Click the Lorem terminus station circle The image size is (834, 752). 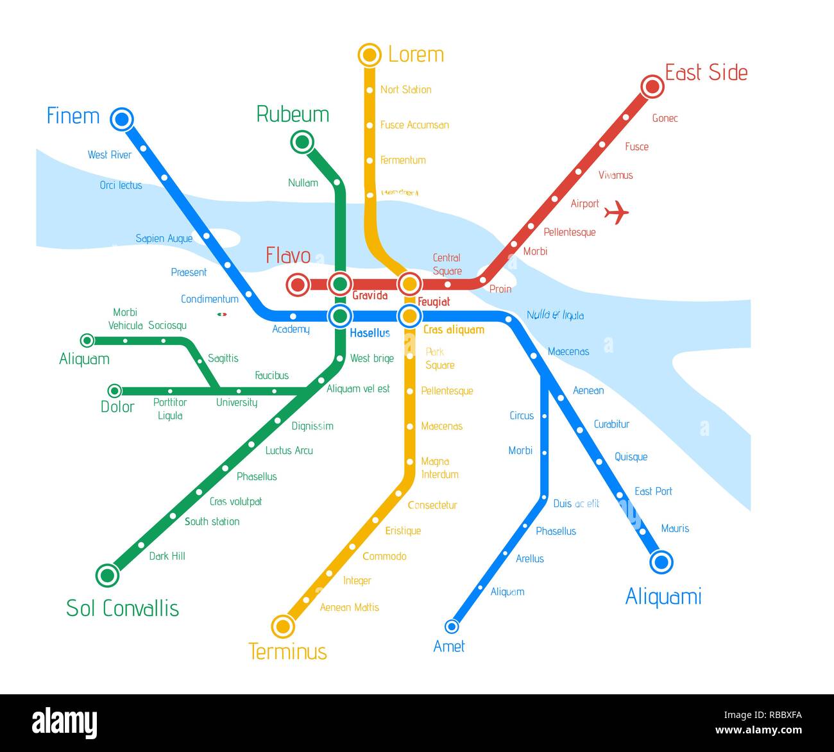point(370,55)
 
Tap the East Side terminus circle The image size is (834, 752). point(652,86)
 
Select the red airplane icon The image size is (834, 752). point(617,212)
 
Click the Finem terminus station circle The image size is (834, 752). point(121,119)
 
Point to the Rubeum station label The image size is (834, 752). point(293,114)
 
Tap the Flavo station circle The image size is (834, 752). point(298,284)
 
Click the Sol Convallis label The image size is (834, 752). point(123,608)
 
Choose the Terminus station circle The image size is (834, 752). point(283,626)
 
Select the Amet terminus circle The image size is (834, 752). point(452,626)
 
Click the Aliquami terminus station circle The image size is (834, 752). point(661,562)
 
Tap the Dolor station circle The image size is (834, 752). point(114,390)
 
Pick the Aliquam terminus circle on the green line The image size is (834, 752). point(87,340)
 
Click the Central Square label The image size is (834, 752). point(447,264)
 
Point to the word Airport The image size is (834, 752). point(584,204)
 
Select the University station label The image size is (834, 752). point(237,403)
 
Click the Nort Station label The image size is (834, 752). point(405,90)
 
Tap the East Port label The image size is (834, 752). point(653,491)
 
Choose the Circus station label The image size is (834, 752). point(522,415)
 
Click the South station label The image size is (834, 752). point(212,522)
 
